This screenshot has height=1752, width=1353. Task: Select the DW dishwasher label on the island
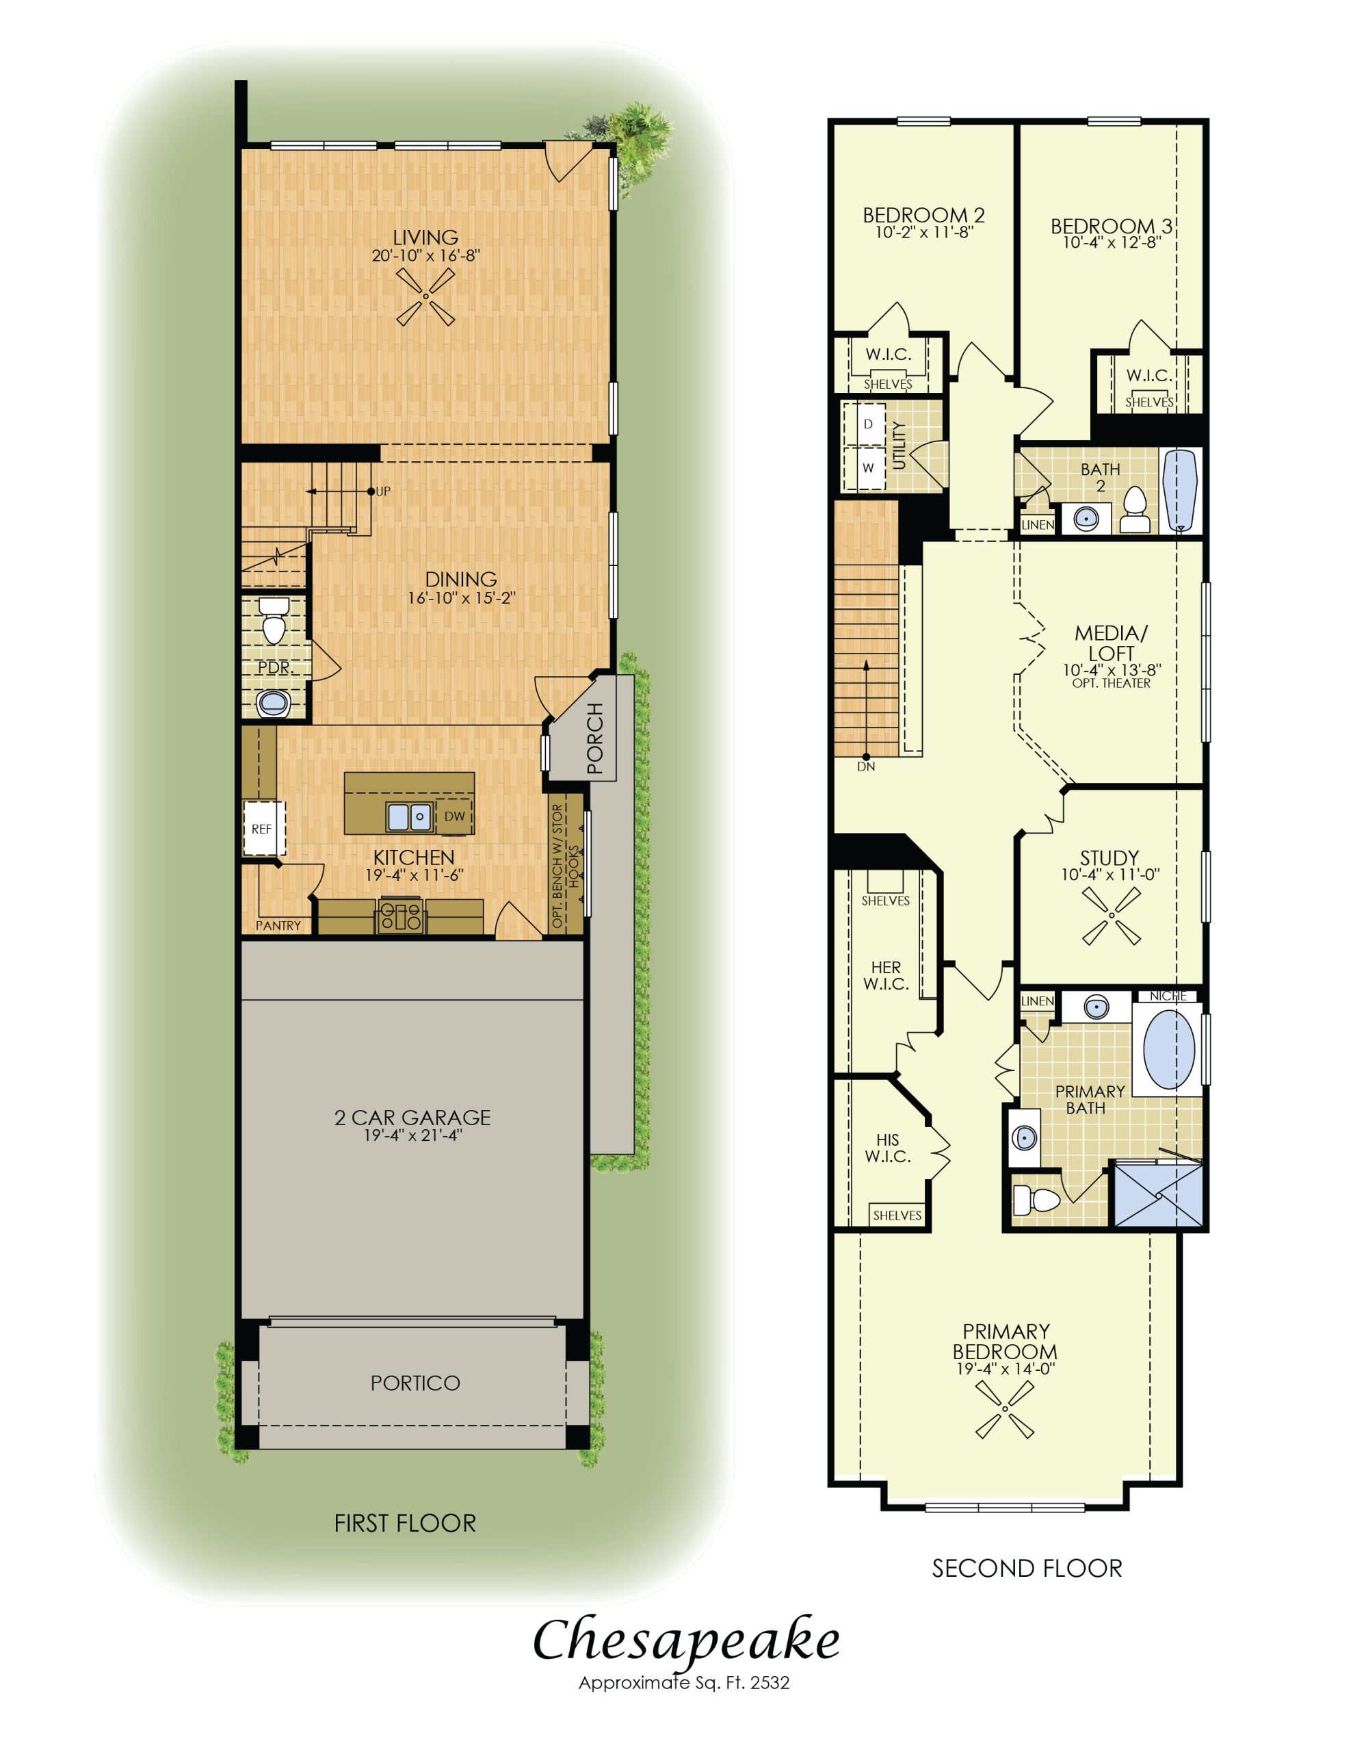pyautogui.click(x=454, y=816)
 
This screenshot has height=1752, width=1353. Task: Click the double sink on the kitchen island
pyautogui.click(x=410, y=816)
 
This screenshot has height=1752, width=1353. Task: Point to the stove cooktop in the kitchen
pyautogui.click(x=400, y=915)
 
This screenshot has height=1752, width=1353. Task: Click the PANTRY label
pyautogui.click(x=278, y=925)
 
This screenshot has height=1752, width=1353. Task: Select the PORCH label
pyautogui.click(x=594, y=738)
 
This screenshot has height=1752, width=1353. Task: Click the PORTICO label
pyautogui.click(x=415, y=1382)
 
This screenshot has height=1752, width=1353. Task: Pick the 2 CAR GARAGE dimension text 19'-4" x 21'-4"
pyautogui.click(x=413, y=1135)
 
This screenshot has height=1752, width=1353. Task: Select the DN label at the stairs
pyautogui.click(x=865, y=766)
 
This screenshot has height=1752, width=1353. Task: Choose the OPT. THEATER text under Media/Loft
pyautogui.click(x=1111, y=684)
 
